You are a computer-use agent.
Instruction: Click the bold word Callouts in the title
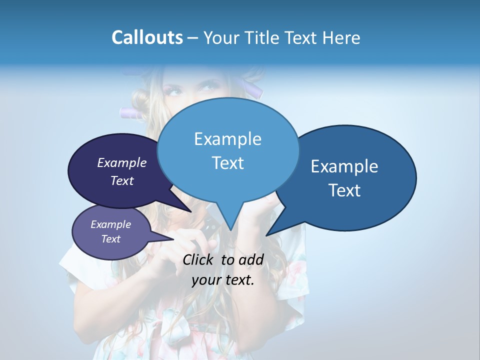147,37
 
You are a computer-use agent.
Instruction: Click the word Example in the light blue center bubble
227,139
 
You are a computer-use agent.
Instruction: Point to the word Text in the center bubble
227,163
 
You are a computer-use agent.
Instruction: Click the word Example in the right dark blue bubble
344,166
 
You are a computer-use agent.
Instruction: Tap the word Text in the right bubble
344,190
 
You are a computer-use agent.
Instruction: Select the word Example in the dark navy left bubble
122,162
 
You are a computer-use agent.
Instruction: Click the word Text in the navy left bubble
122,180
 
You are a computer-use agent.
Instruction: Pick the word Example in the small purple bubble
110,224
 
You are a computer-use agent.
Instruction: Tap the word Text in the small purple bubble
110,239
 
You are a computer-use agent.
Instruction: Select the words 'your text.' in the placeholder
223,280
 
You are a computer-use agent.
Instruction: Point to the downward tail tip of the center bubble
230,229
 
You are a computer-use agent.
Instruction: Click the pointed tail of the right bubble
267,234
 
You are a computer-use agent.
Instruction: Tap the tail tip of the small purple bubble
173,239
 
